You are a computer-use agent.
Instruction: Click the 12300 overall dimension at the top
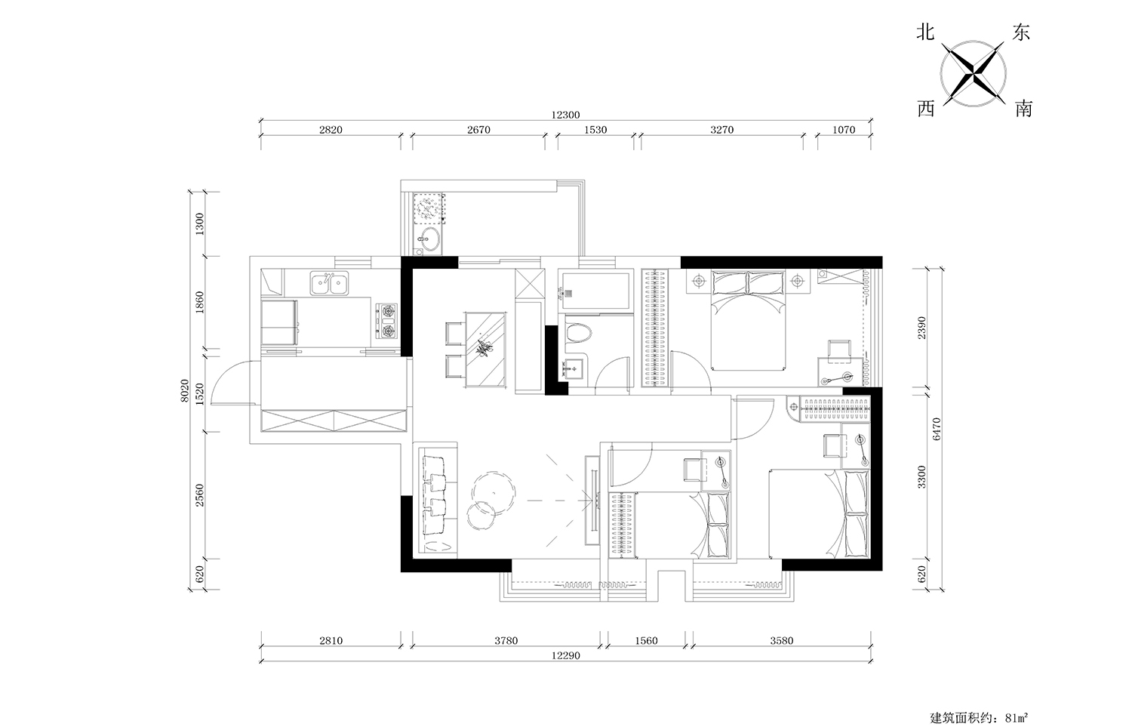coord(565,116)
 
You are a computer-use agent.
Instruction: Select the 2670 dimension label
coord(478,130)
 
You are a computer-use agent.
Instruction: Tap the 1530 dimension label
coord(595,130)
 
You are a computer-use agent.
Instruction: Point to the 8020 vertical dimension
coord(184,390)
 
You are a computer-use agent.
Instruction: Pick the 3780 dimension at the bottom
coord(506,640)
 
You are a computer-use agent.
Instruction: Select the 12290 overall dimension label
coord(565,656)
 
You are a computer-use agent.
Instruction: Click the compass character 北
coord(925,33)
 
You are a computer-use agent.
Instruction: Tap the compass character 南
coord(1023,109)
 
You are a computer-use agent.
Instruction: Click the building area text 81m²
coord(1017,718)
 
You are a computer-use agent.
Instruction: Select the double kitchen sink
coord(329,283)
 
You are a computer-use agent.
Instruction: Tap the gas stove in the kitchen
coord(386,321)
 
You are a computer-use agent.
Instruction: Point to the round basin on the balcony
coord(429,239)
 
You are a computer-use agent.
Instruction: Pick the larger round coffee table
coord(494,491)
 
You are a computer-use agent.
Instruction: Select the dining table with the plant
coord(486,350)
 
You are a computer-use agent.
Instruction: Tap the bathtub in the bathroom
coord(596,291)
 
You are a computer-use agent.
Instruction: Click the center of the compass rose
coord(973,74)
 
